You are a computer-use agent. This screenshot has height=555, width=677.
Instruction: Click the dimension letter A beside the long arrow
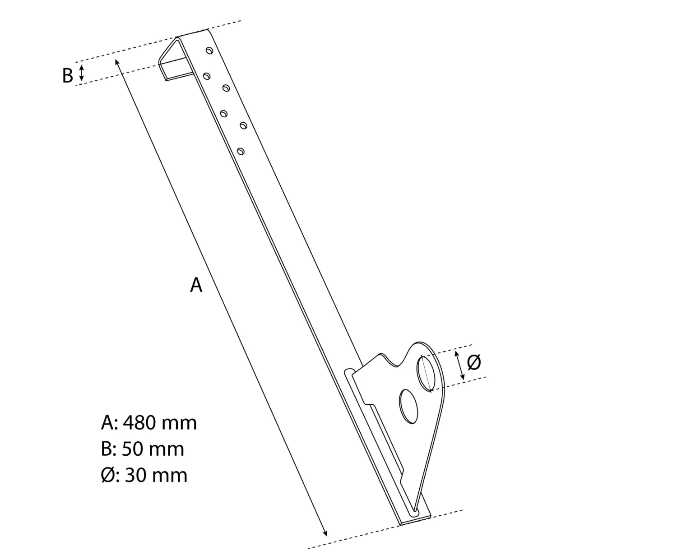coord(196,285)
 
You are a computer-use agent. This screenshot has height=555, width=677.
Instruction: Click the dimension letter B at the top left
coord(67,76)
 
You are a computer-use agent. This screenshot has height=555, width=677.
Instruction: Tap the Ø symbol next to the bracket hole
coord(474,362)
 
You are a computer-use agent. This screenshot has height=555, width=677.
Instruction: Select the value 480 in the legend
coord(139,423)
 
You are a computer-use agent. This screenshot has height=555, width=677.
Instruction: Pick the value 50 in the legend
coord(134,449)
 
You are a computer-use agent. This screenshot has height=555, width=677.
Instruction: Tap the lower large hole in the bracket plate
coord(408,406)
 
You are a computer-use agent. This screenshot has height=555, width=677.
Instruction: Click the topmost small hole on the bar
coord(209,51)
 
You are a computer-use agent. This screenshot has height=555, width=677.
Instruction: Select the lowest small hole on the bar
coord(241,151)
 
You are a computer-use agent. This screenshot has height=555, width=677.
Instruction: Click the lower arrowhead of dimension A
coord(325,532)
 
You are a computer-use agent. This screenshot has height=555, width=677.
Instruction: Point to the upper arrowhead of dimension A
coord(117,62)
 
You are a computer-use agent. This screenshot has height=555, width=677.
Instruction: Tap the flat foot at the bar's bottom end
coord(415,518)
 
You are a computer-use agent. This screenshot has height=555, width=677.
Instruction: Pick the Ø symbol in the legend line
coord(108,476)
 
